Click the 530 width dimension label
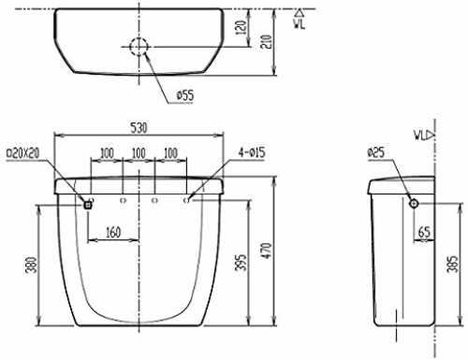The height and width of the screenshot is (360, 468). point(139,127)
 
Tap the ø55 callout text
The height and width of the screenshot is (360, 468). point(185,95)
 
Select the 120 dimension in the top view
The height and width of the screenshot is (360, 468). point(241,27)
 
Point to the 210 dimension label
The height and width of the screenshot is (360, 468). point(266,41)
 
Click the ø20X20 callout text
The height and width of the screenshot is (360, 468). point(23,152)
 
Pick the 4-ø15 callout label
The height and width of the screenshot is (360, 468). point(252,152)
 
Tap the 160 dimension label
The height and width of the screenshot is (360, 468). point(113,232)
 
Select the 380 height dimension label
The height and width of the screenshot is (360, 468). point(31,265)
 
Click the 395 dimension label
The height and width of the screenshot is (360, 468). point(241,262)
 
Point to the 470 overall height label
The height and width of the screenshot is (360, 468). point(267,251)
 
